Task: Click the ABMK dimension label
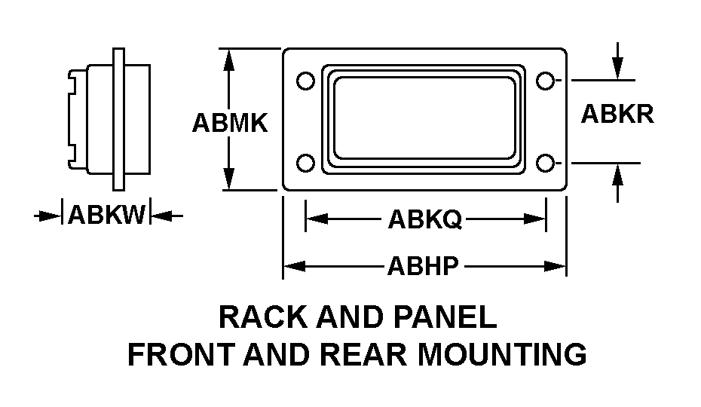[x=230, y=123]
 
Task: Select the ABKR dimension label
[x=617, y=114]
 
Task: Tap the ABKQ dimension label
[x=424, y=219]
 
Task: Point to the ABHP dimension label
[x=423, y=266]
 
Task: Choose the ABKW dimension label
[x=106, y=216]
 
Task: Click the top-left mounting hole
[x=305, y=81]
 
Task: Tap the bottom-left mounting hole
[x=305, y=162]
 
